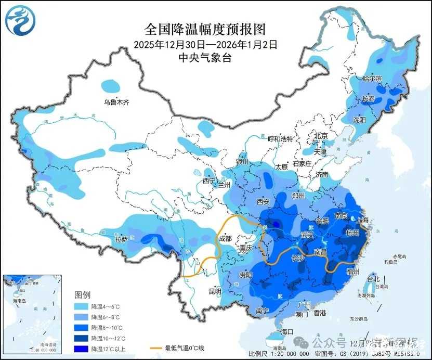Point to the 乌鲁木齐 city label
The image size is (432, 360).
pyautogui.click(x=116, y=102)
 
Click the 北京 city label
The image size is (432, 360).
pyautogui.click(x=320, y=136)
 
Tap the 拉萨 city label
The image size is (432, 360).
pyautogui.click(x=121, y=240)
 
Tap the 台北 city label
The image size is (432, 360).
pyautogui.click(x=373, y=279)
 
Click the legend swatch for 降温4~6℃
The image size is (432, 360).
pyautogui.click(x=82, y=307)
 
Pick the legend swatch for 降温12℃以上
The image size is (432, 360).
pyautogui.click(x=82, y=349)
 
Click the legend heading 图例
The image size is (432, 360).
pyautogui.click(x=83, y=294)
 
